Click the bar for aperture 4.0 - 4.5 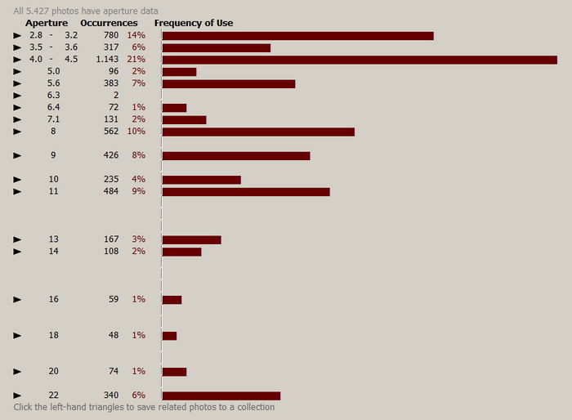click(360, 60)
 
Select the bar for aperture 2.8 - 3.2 click(297, 36)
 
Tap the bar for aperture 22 click(221, 395)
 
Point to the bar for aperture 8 click(258, 132)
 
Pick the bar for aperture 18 click(169, 336)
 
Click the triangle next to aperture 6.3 click(17, 96)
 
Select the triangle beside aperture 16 click(17, 300)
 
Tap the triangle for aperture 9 click(17, 155)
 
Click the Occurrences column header click(109, 23)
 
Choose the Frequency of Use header click(194, 23)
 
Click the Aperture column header click(47, 23)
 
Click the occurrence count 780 click(111, 36)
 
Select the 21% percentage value click(136, 60)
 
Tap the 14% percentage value click(136, 36)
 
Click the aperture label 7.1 click(53, 119)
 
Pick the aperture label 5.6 click(53, 83)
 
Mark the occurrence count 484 click(111, 191)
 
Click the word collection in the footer click(253, 407)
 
